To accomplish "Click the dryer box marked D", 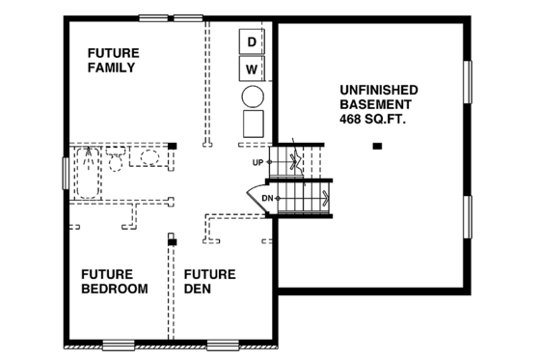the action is tap(252, 42).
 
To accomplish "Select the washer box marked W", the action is tap(252, 69).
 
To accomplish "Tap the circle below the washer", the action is tap(253, 97).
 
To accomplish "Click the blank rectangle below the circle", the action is tap(253, 125).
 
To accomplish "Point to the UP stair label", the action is tap(257, 162).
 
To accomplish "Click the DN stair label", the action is tap(267, 199).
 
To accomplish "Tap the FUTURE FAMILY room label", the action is tap(112, 61).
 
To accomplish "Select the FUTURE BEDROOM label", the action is tap(114, 281).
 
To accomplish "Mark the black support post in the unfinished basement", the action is tap(377, 147).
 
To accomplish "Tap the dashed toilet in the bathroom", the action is tap(115, 159).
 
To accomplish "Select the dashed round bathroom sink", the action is tap(149, 157).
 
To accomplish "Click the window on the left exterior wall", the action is tap(66, 173).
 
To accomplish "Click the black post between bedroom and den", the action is tap(172, 237).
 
